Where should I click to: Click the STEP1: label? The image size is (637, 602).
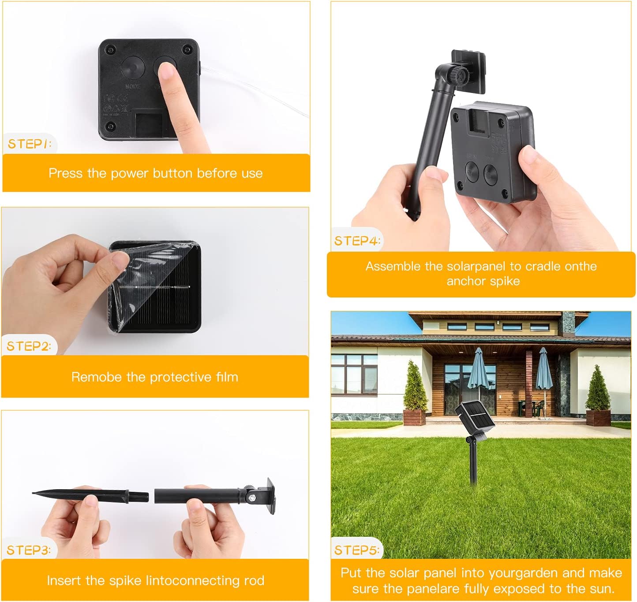tap(30, 144)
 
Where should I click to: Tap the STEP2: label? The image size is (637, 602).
tap(29, 346)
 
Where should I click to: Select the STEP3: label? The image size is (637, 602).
tap(29, 550)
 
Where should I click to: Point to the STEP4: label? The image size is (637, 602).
tap(357, 241)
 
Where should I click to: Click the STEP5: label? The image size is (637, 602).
tap(356, 550)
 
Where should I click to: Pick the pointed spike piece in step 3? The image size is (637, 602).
tap(90, 495)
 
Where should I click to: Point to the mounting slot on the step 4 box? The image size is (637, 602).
tap(478, 122)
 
